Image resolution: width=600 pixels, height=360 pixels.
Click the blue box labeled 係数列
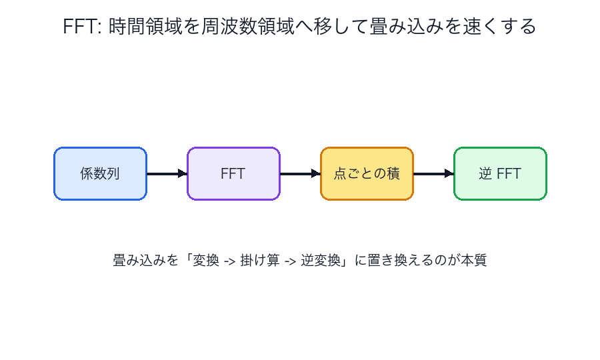pyautogui.click(x=100, y=173)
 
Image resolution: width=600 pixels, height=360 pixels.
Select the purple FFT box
pyautogui.click(x=233, y=173)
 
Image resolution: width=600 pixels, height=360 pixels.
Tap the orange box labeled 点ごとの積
pyautogui.click(x=367, y=173)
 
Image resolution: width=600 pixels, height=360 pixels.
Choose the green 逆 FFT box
pyautogui.click(x=500, y=173)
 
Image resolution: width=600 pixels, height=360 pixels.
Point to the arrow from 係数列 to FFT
pyautogui.click(x=167, y=173)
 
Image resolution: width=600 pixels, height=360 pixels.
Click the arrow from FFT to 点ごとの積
pyautogui.click(x=300, y=173)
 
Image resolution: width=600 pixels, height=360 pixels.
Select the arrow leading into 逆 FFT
pyautogui.click(x=433, y=173)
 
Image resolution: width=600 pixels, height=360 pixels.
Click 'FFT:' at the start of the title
pyautogui.click(x=81, y=27)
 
